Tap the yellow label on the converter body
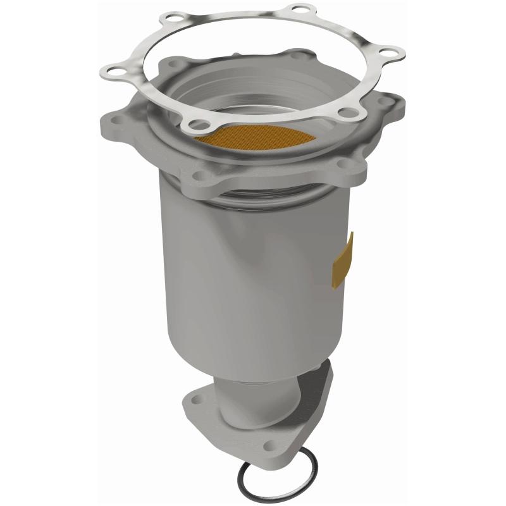point(343,259)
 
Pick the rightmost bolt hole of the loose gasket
point(390,55)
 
